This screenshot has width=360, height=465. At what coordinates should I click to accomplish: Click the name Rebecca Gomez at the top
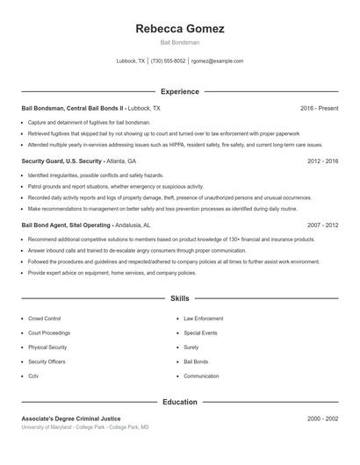pyautogui.click(x=180, y=29)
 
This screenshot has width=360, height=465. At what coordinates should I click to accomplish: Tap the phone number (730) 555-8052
pyautogui.click(x=168, y=61)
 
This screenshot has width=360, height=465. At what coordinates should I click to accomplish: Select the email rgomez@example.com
pyautogui.click(x=217, y=61)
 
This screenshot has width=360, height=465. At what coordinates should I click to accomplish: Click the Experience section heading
pyautogui.click(x=180, y=91)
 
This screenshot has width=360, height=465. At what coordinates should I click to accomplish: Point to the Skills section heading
pyautogui.click(x=180, y=299)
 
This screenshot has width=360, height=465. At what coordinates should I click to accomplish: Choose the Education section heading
pyautogui.click(x=180, y=402)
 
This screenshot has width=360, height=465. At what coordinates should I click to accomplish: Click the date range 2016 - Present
pyautogui.click(x=319, y=108)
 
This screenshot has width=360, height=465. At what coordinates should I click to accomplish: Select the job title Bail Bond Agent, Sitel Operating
pyautogui.click(x=66, y=225)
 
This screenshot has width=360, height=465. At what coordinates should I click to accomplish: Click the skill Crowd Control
pyautogui.click(x=44, y=318)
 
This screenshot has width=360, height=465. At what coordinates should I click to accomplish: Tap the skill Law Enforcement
pyautogui.click(x=203, y=318)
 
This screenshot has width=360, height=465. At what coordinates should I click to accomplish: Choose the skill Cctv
pyautogui.click(x=33, y=376)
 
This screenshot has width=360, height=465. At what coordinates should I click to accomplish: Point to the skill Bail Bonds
pyautogui.click(x=196, y=361)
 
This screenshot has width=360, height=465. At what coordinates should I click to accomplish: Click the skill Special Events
pyautogui.click(x=200, y=333)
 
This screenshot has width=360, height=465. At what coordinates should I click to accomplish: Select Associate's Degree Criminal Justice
pyautogui.click(x=71, y=418)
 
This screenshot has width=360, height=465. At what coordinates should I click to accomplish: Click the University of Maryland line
pyautogui.click(x=85, y=427)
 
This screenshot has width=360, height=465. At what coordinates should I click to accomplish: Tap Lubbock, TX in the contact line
pyautogui.click(x=131, y=61)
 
